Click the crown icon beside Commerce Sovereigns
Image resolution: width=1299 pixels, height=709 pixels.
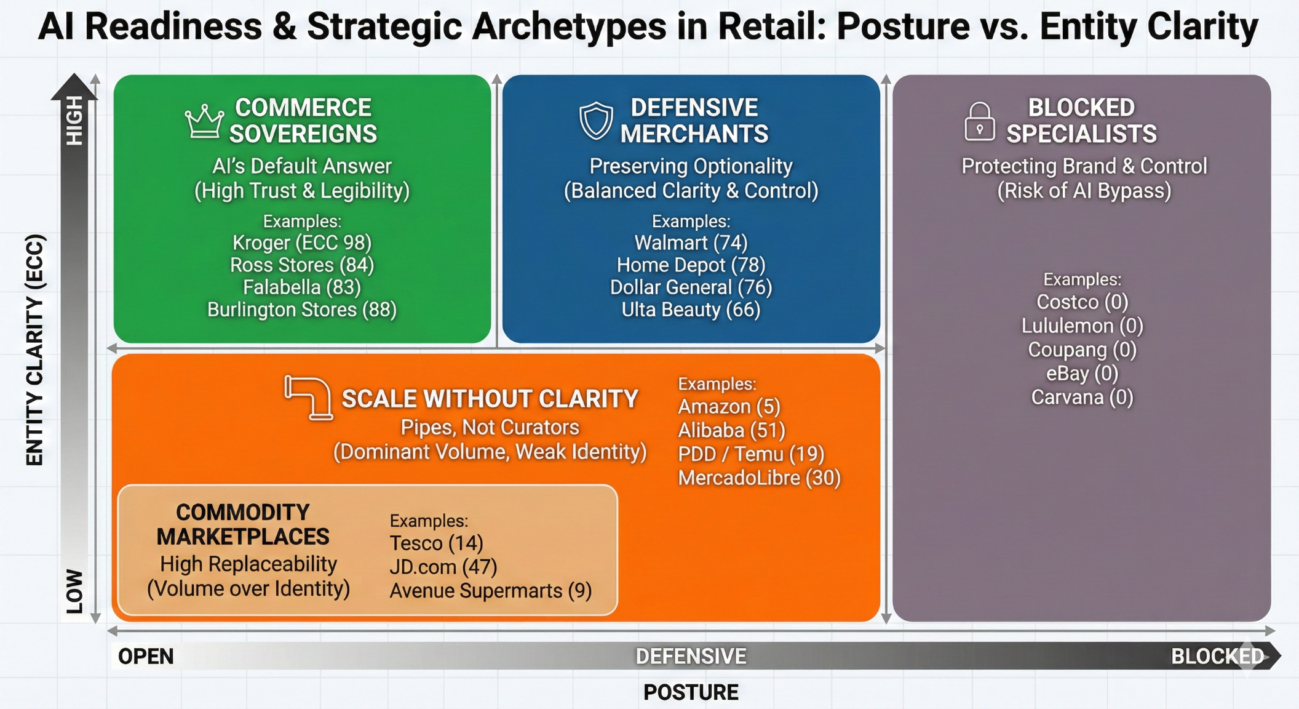point(204,121)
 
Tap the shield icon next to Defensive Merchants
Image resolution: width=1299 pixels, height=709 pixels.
point(596,120)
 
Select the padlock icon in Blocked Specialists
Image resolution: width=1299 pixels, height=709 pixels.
point(979,121)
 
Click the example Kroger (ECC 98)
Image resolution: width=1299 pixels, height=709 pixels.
point(302,242)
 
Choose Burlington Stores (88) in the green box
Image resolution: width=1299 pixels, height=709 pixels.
point(302,310)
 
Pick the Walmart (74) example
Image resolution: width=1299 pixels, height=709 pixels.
point(691,242)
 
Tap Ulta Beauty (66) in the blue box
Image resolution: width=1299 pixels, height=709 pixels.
point(691,310)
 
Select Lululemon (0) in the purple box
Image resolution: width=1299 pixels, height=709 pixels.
point(1082,326)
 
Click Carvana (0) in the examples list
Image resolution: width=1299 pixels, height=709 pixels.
point(1082,397)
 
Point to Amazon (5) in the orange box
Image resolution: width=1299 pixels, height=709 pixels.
point(729,407)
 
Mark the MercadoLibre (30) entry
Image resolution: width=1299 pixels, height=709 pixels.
point(759,478)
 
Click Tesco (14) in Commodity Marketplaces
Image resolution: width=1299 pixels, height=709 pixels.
point(436,543)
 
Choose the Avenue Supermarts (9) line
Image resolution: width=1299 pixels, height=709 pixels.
point(490,591)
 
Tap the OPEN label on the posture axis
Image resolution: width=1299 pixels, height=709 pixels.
point(146,657)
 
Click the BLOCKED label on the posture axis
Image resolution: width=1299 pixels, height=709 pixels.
point(1217,657)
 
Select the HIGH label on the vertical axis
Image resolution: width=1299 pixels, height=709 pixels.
point(74,120)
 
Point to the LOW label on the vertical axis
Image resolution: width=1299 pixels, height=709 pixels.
point(74,591)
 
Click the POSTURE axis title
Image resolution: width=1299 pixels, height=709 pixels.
point(691,692)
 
